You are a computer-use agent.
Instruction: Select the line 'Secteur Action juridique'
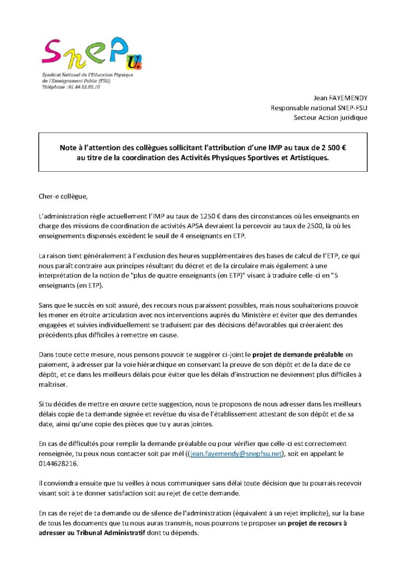[x=330, y=117]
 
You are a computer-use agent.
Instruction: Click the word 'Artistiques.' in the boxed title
[x=308, y=158]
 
